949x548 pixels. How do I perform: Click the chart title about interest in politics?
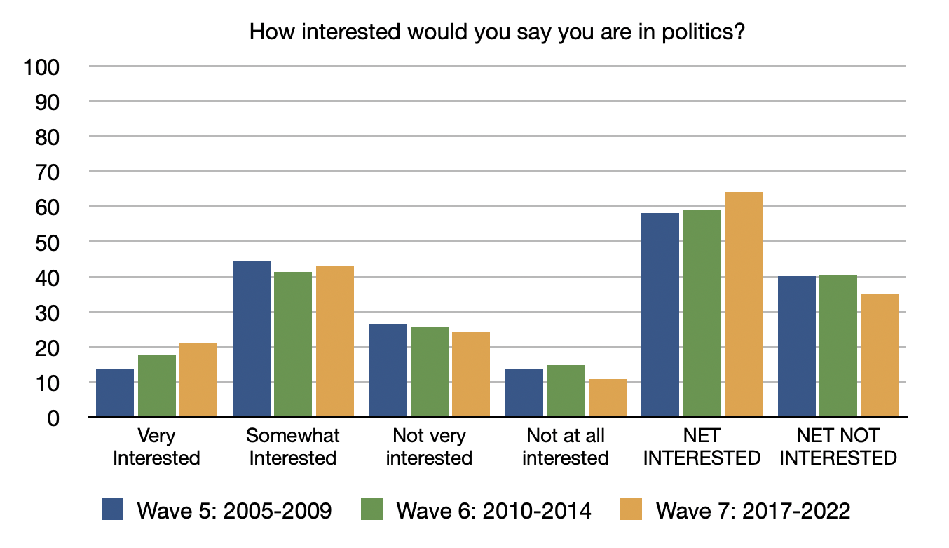tap(496, 32)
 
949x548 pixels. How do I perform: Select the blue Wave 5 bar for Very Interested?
tap(115, 393)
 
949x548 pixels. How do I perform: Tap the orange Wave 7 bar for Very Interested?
tap(198, 380)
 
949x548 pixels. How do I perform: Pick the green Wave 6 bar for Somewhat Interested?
tap(293, 344)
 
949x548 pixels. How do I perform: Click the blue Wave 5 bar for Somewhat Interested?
tap(252, 339)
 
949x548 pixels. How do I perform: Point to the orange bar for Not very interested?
tap(471, 374)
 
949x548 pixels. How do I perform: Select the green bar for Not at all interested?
tap(566, 391)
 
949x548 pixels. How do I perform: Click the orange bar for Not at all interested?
tap(608, 398)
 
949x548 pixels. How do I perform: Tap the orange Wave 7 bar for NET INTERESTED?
tap(744, 304)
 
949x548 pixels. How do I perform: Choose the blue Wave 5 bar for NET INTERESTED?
tap(660, 315)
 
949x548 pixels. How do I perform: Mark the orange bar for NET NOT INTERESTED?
tap(880, 355)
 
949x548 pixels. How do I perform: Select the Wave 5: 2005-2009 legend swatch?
tap(113, 509)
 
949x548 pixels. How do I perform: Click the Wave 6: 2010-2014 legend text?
tap(493, 510)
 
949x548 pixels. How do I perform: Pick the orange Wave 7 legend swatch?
tap(631, 509)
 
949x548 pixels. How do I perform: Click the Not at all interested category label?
tap(566, 447)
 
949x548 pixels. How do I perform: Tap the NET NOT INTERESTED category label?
tap(838, 447)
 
